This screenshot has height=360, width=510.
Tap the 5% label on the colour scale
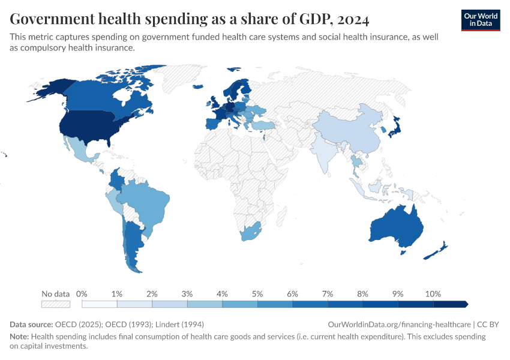click(257, 294)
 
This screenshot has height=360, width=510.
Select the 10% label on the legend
click(433, 294)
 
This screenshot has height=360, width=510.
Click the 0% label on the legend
click(82, 294)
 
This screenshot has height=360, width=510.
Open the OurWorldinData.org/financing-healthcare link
click(399, 324)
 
